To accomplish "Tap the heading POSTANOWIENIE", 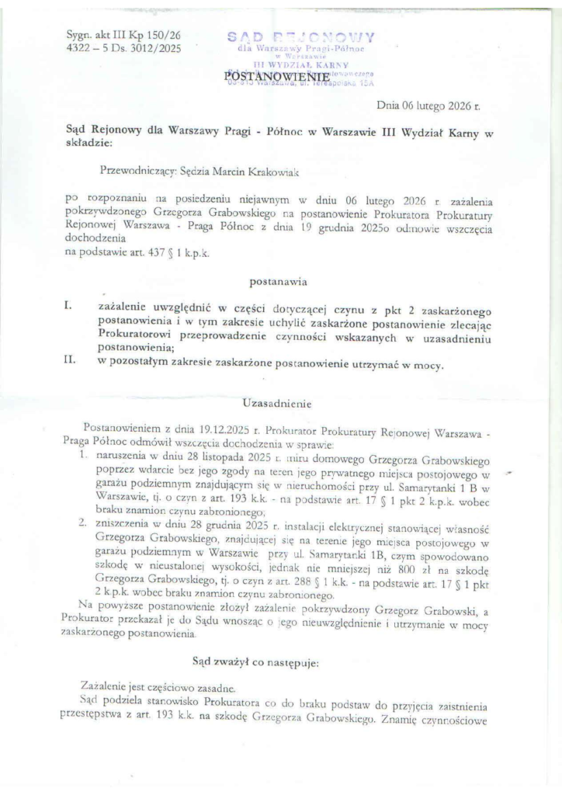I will point(265,75).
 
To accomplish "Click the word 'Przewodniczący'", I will point(135,167).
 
